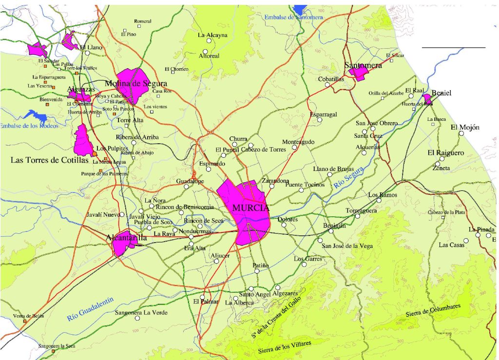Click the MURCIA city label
point(251,208)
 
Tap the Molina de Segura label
point(136,83)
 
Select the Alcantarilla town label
point(127,237)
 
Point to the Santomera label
point(363,65)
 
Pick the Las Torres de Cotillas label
point(50,160)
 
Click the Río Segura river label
point(349,180)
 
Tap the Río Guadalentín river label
point(90,310)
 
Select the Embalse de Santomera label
point(294,17)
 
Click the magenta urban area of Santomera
point(360,73)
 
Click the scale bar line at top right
point(453,47)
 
